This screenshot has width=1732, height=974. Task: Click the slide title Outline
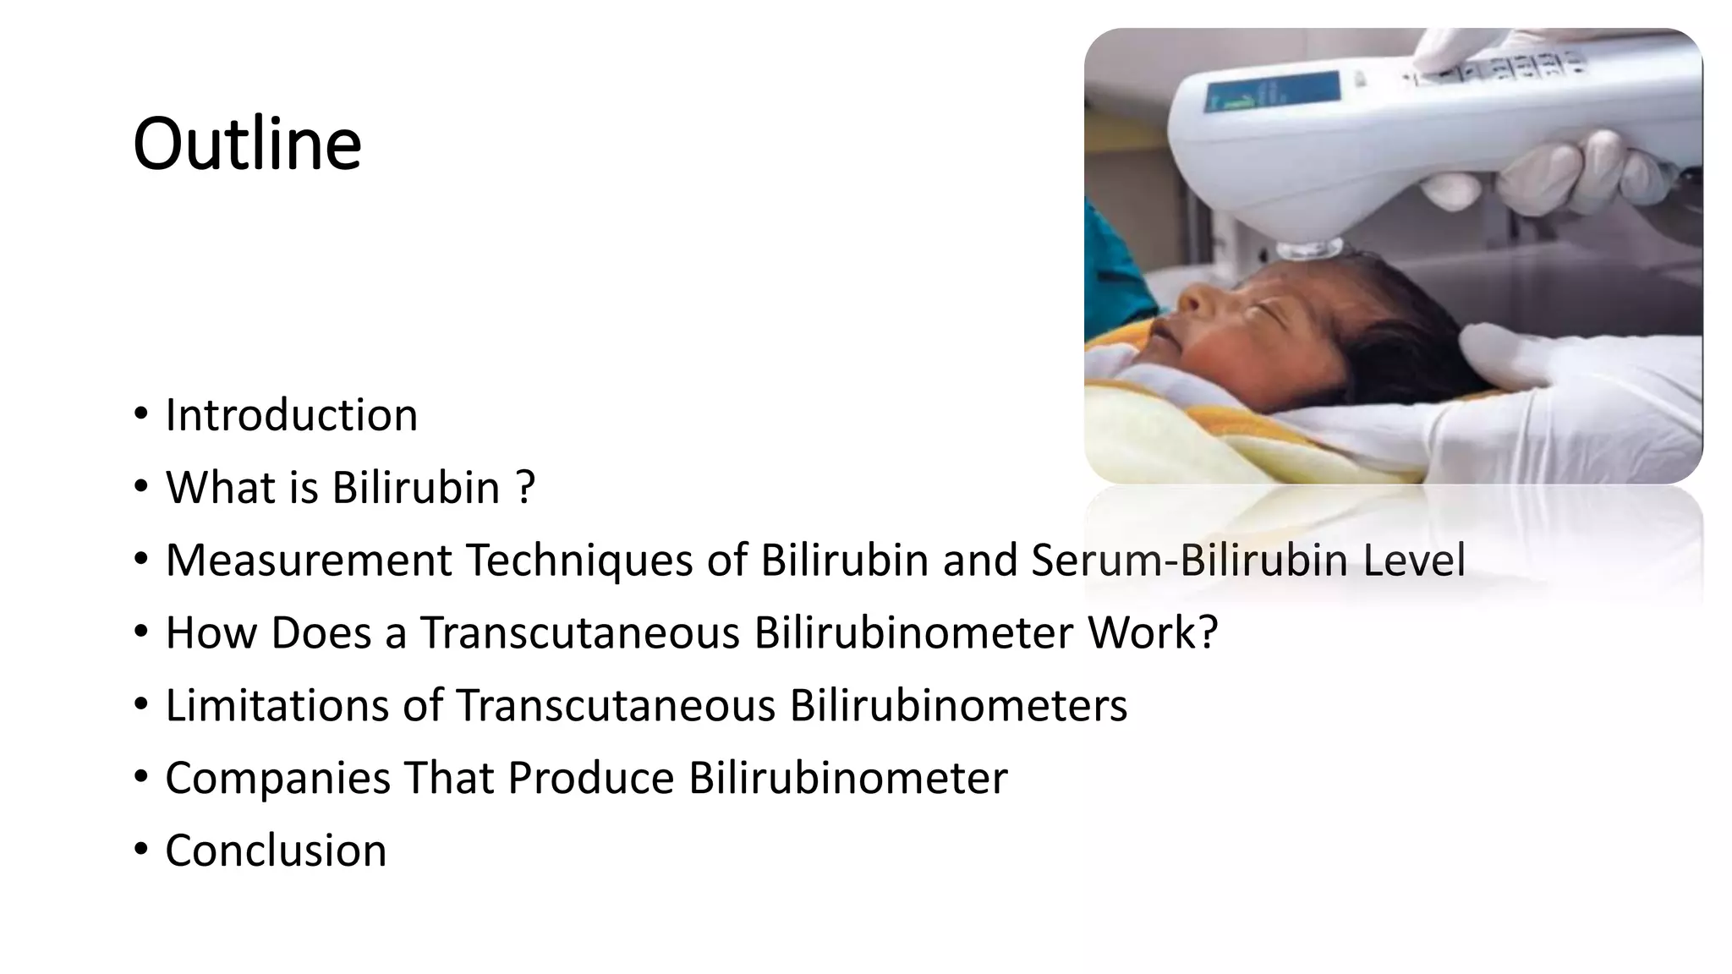coord(247,144)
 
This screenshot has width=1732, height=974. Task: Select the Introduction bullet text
coord(291,415)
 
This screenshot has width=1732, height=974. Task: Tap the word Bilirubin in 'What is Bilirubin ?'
coord(415,488)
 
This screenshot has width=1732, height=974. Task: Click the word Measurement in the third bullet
coord(309,560)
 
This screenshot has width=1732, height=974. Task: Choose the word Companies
coord(277,778)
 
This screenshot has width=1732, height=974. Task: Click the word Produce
coord(590,778)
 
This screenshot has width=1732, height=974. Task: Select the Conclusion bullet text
coord(276,851)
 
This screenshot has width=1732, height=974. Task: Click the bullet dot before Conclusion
coord(141,849)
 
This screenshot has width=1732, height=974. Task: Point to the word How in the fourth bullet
coord(211,632)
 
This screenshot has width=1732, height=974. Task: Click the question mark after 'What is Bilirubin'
coord(525,488)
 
